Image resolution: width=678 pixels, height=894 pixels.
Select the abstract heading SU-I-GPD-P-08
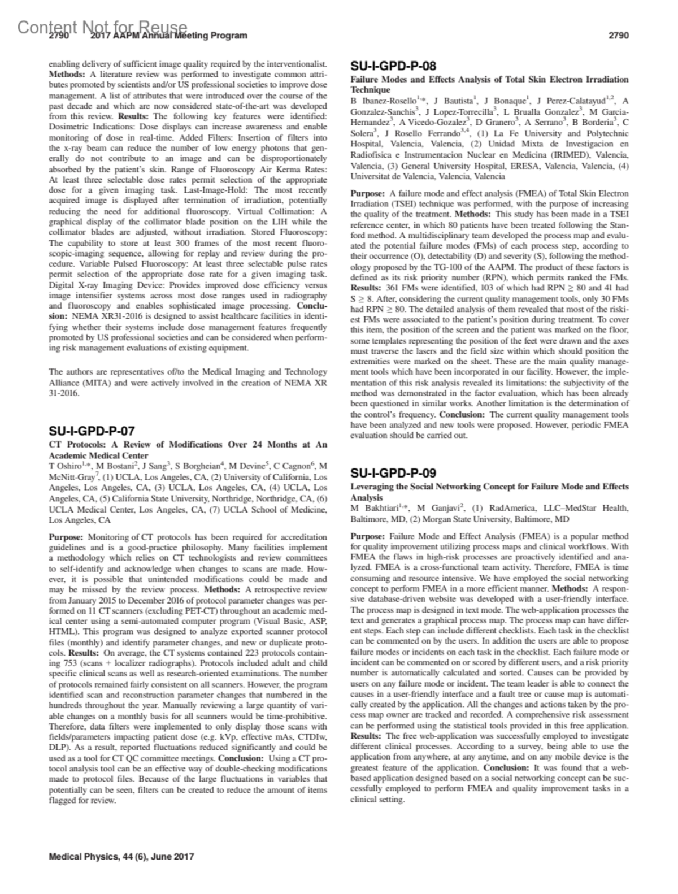coord(393,66)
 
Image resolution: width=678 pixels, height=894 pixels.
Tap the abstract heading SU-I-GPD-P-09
coord(393,472)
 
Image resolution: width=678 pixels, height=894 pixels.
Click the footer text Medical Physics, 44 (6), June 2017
coord(121,856)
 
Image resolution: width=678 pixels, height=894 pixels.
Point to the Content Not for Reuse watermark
coord(102,27)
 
